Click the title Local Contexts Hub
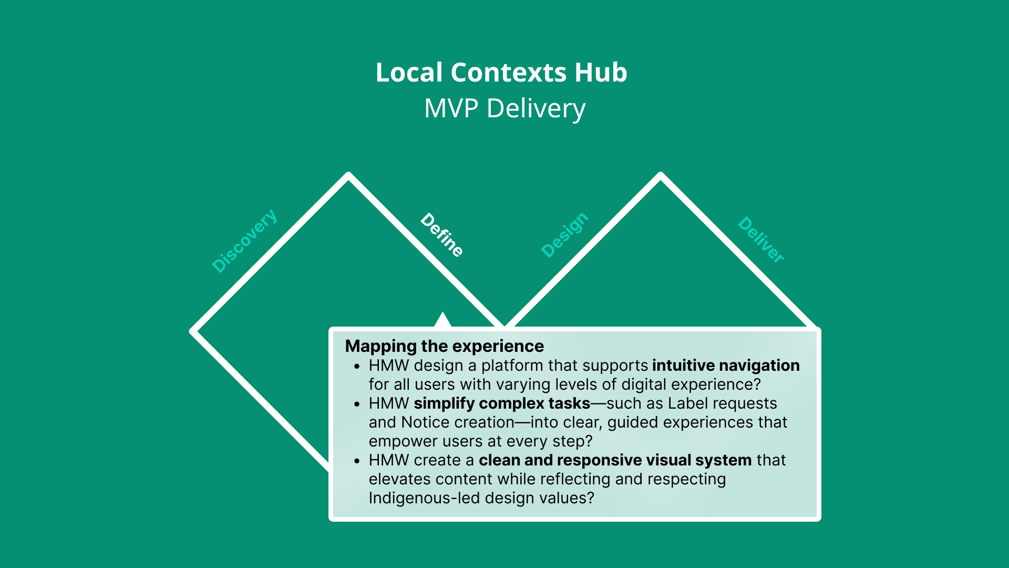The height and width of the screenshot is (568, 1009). [x=501, y=73]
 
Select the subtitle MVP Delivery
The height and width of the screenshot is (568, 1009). [x=504, y=108]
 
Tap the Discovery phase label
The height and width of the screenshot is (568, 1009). [x=244, y=240]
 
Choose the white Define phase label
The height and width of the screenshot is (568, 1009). [x=442, y=235]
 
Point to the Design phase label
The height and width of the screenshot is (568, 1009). [x=565, y=235]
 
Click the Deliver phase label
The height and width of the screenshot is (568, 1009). [x=761, y=239]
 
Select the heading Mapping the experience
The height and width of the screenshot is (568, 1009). [x=445, y=346]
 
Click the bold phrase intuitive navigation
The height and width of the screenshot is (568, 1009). [x=726, y=366]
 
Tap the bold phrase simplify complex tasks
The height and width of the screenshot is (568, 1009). [x=502, y=403]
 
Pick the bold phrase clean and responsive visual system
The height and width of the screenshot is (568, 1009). [x=615, y=460]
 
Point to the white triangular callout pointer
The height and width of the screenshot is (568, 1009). [x=443, y=320]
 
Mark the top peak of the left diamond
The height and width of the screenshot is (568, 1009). [x=348, y=175]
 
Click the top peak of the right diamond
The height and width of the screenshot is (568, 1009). [x=660, y=175]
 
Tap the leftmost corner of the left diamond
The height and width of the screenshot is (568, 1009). [x=192, y=332]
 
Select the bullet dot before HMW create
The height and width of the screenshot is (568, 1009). [x=357, y=461]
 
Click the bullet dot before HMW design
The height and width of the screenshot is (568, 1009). [x=357, y=367]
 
